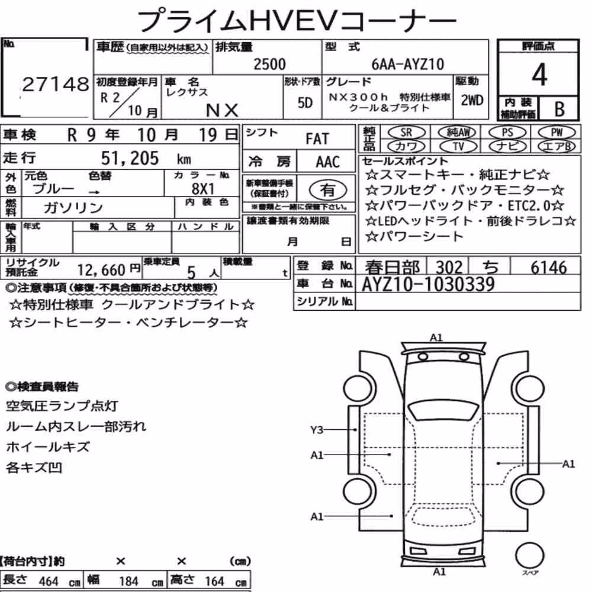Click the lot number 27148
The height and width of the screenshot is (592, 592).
pos(56,84)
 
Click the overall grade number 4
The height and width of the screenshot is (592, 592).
pos(539,75)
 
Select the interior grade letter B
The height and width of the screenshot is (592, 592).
pos(559,109)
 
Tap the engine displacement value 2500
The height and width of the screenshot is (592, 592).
pos(269,64)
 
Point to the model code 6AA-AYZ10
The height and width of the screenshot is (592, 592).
pos(408,64)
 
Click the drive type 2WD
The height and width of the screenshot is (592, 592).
pos(472,101)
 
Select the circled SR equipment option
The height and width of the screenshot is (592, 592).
pos(407,133)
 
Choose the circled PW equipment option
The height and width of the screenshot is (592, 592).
pos(556,133)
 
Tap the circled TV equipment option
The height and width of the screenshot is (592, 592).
pos(458,146)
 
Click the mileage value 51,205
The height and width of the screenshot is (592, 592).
pos(130,158)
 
